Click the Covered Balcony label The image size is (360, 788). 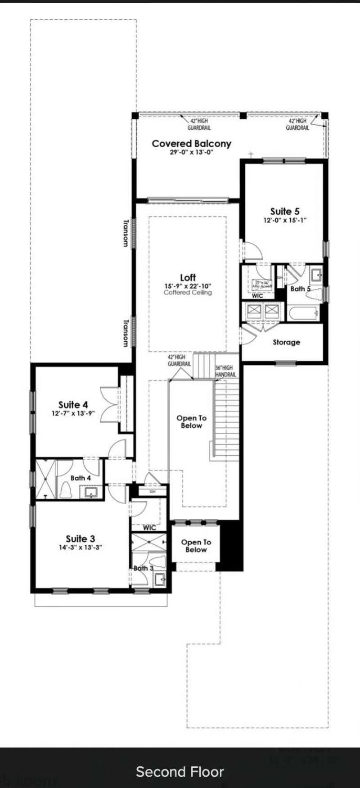click(191, 144)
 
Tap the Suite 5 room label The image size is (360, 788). click(284, 211)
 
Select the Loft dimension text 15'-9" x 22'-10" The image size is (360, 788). click(188, 286)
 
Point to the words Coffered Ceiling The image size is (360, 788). click(188, 293)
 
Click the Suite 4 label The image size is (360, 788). click(73, 405)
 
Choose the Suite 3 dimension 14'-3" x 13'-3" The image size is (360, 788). click(81, 548)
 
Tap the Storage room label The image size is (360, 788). click(286, 342)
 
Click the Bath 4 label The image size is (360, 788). click(81, 478)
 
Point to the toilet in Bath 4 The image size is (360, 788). click(66, 490)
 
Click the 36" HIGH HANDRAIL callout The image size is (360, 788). click(225, 371)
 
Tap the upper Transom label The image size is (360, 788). click(126, 233)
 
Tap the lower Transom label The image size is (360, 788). click(126, 333)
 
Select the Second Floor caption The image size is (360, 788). click(180, 772)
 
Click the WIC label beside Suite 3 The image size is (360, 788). click(149, 527)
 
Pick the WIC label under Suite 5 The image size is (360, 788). click(257, 296)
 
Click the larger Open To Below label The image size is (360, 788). click(191, 422)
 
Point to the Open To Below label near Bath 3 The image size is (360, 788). click(196, 546)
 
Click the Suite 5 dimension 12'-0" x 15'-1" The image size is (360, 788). click(284, 221)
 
